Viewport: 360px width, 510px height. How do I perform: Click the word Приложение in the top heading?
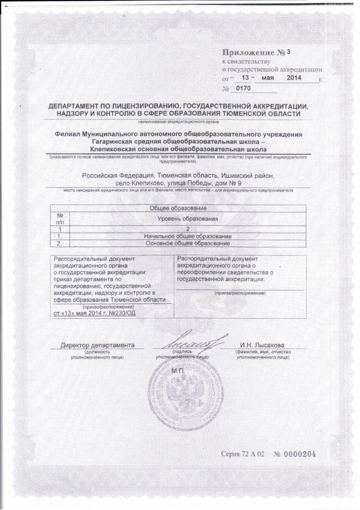tap(247, 53)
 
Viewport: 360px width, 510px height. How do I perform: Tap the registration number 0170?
tap(242, 88)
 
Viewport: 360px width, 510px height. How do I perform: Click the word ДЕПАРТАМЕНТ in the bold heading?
tap(75, 107)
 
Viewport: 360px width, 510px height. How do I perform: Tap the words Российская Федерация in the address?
tap(118, 175)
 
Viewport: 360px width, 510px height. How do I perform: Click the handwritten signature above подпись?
tap(193, 342)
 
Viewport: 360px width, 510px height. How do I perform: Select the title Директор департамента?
tap(98, 346)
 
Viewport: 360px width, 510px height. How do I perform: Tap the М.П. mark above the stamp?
tap(178, 371)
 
